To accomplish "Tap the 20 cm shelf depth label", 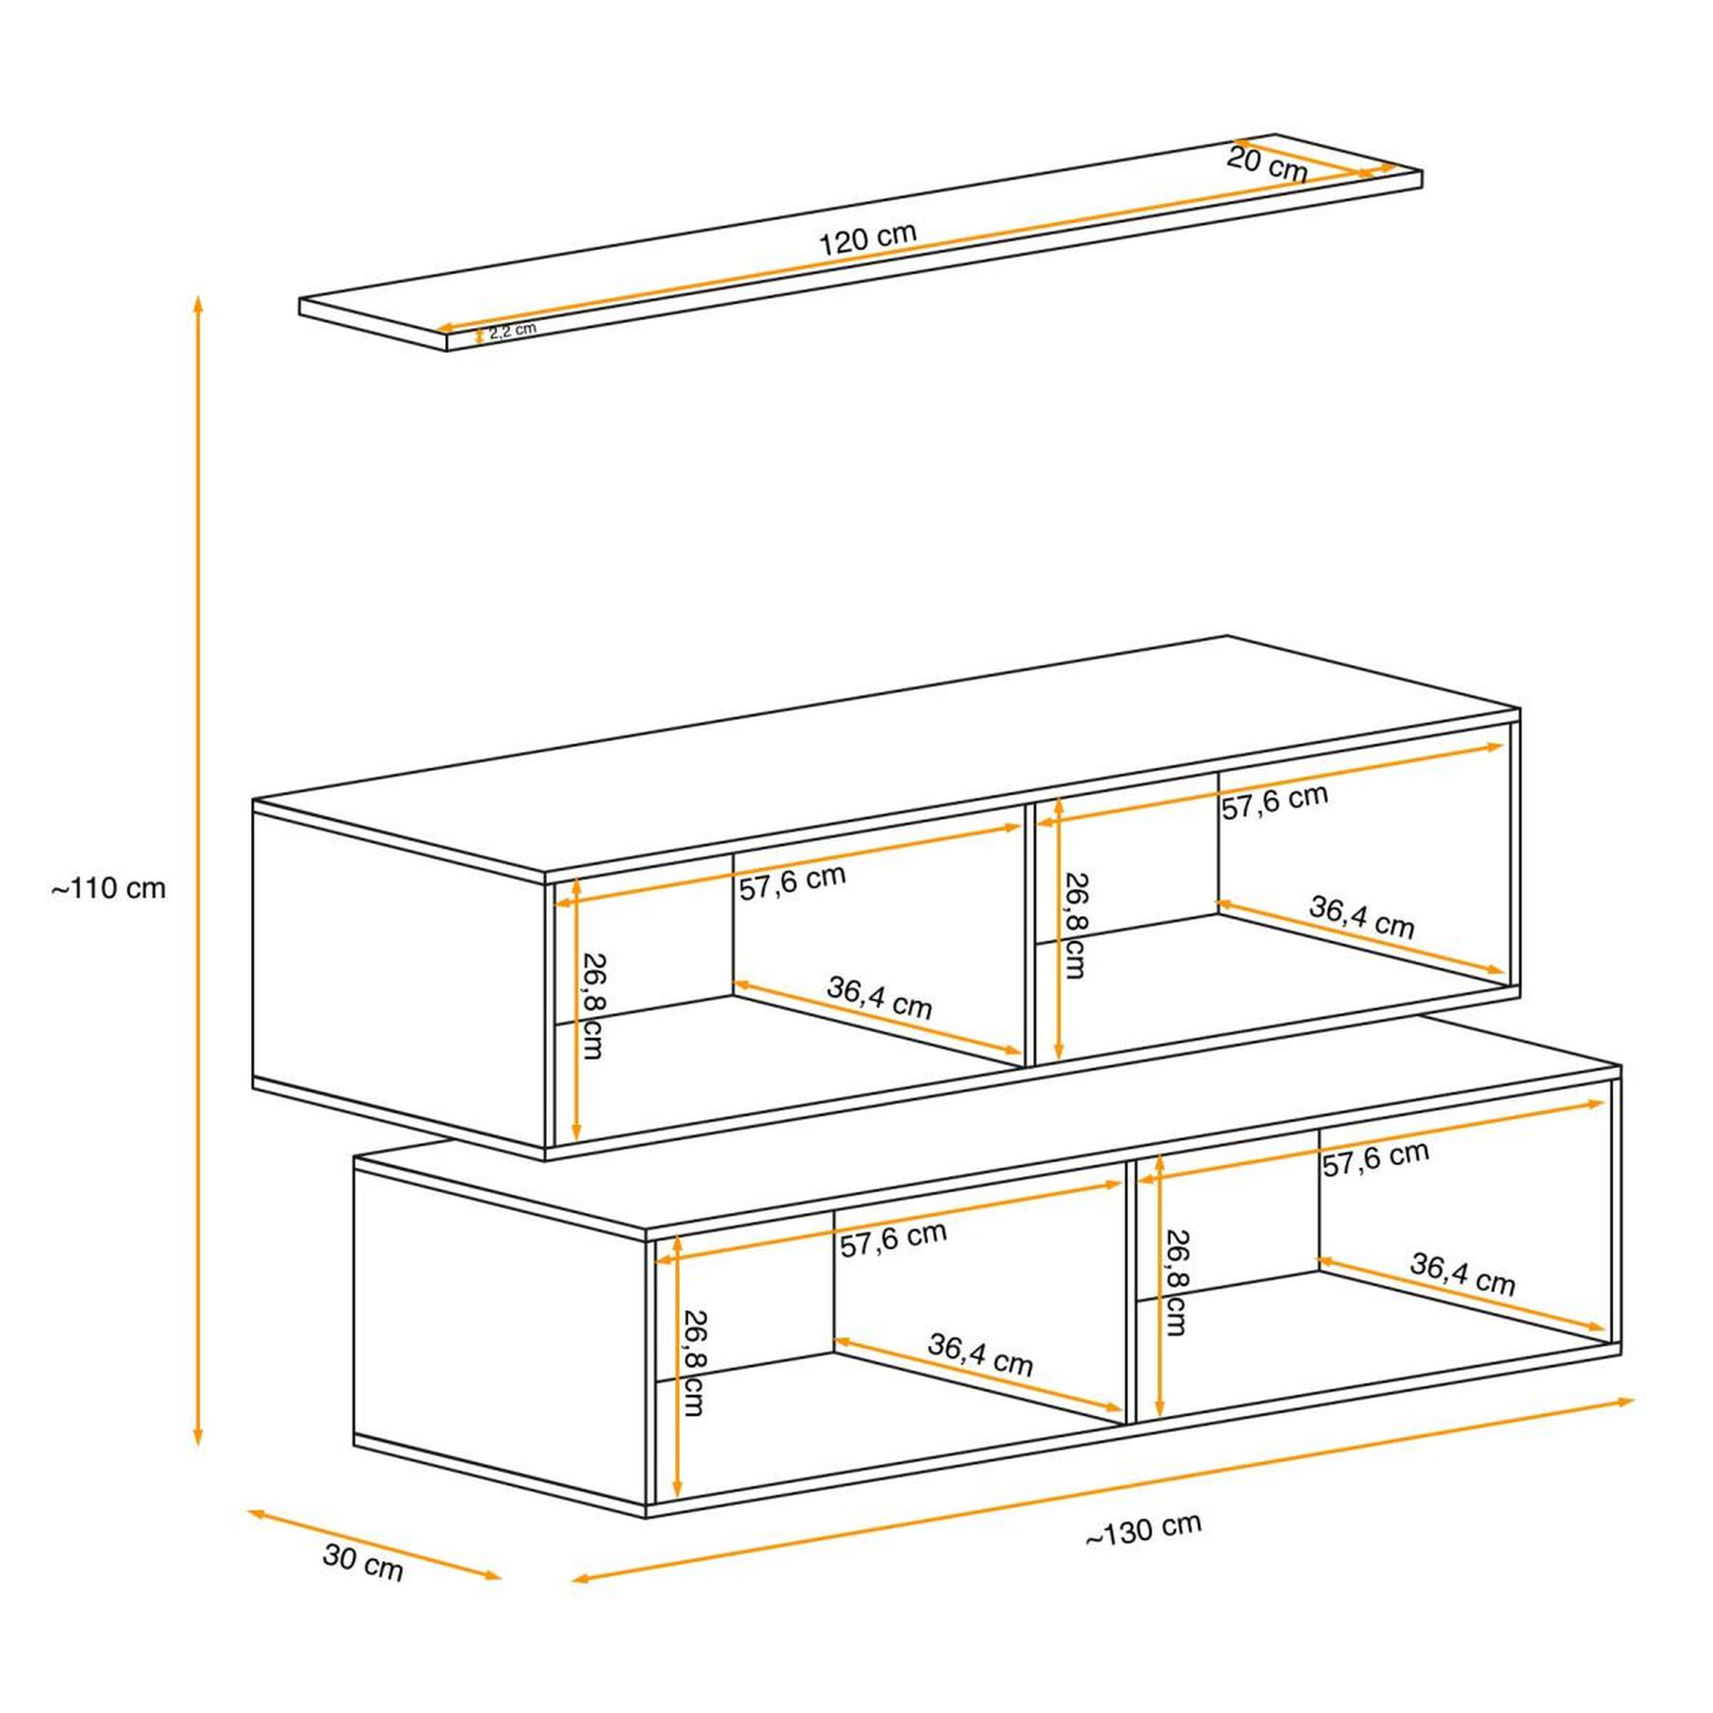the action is tap(1267, 165).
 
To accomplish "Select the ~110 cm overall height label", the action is tap(108, 887).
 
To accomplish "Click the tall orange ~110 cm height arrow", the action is tap(198, 870).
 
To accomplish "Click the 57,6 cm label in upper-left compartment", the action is tap(793, 882).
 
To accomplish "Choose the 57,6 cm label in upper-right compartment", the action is tap(1275, 801).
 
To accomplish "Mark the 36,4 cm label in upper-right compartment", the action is tap(1362, 917).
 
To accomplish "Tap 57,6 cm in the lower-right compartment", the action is tap(1376, 1158).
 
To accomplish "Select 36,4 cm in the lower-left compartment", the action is tap(980, 1354).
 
